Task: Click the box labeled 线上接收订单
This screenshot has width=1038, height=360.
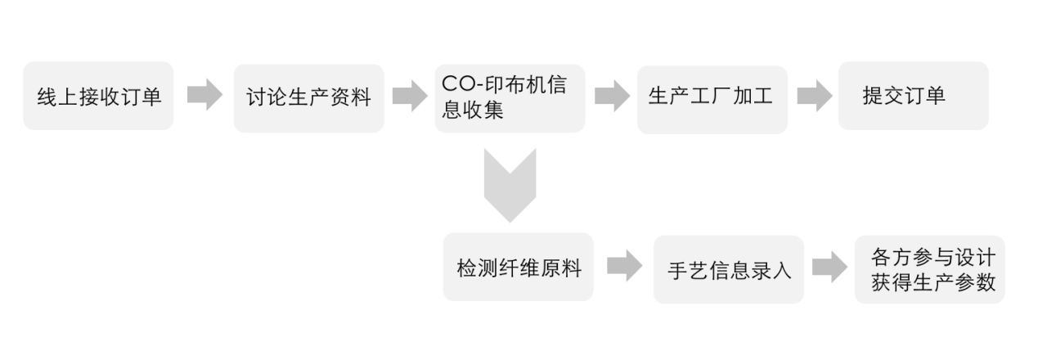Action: click(x=98, y=96)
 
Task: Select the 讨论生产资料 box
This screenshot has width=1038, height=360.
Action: click(x=308, y=98)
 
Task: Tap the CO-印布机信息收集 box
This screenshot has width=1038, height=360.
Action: click(x=510, y=98)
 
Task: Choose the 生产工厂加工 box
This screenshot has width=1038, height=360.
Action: click(x=712, y=98)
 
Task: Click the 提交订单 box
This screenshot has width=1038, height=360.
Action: click(x=913, y=96)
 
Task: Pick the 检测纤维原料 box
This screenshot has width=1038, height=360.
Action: click(x=518, y=267)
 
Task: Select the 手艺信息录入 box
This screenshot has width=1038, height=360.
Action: click(x=728, y=269)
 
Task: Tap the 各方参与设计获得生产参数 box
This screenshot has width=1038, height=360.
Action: click(x=929, y=269)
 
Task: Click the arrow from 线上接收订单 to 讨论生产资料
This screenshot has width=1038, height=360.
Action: click(x=204, y=96)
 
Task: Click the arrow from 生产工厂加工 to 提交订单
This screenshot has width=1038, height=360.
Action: click(x=814, y=97)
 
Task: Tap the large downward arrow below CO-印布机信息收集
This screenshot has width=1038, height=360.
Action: click(x=510, y=185)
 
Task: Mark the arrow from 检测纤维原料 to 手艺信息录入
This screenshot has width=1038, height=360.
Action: click(x=624, y=266)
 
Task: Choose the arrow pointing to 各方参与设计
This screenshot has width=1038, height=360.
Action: click(x=829, y=267)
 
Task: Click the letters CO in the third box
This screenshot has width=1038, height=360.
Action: click(x=457, y=84)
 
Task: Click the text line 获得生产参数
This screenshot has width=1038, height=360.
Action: click(x=932, y=282)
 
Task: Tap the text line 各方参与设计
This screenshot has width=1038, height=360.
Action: click(x=932, y=257)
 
